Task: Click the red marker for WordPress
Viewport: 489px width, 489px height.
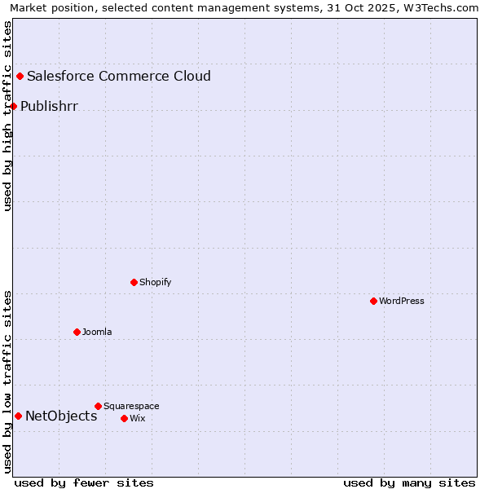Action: click(x=374, y=302)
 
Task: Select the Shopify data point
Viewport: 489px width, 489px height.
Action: click(x=134, y=283)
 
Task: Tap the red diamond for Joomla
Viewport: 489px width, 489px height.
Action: click(x=77, y=332)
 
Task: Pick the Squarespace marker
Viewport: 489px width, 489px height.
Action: click(x=99, y=406)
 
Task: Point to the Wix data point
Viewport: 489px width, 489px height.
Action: click(x=125, y=418)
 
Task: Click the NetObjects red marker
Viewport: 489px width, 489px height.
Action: click(x=18, y=416)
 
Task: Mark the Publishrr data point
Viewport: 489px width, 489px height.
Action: click(x=14, y=106)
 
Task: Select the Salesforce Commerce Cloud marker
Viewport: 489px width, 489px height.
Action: click(x=20, y=77)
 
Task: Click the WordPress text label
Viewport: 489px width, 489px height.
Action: click(x=402, y=302)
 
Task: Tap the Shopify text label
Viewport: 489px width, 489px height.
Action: click(x=156, y=283)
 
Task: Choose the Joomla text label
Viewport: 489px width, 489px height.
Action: click(x=97, y=333)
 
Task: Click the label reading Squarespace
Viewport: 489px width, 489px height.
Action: click(x=131, y=406)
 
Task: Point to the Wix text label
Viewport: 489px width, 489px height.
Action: click(x=138, y=419)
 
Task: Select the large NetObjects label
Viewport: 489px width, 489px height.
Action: click(x=61, y=416)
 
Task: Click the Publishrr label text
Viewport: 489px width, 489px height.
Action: click(x=49, y=106)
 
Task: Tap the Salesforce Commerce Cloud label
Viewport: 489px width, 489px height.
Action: click(x=119, y=77)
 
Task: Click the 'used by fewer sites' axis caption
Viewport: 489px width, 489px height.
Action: click(x=84, y=482)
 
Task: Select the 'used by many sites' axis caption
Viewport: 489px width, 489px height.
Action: click(x=409, y=482)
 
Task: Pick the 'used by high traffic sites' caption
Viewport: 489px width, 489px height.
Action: click(x=7, y=116)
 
